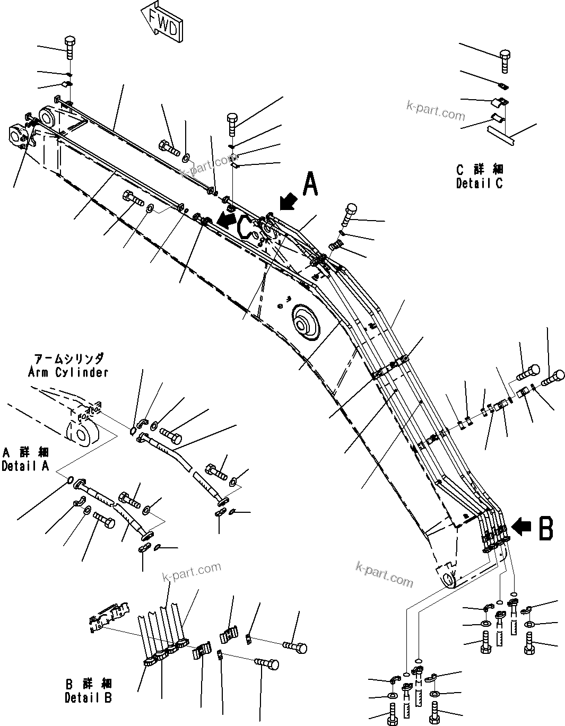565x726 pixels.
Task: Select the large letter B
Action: [x=546, y=528]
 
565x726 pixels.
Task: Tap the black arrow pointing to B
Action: [x=523, y=527]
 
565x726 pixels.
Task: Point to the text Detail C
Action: [x=479, y=183]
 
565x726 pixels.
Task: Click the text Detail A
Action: [x=25, y=466]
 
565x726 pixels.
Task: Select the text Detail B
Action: [x=88, y=698]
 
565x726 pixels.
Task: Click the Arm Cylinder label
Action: [x=68, y=372]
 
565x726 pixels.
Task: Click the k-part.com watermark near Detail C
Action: [x=435, y=110]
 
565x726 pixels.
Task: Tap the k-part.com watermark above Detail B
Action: [x=192, y=571]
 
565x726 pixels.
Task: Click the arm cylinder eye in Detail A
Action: [x=81, y=433]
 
